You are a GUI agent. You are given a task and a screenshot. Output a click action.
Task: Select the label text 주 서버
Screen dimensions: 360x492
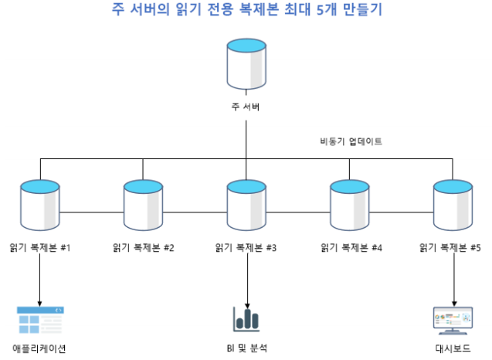tap(246, 107)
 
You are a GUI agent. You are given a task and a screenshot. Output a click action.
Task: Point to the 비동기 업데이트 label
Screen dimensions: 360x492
tap(351, 141)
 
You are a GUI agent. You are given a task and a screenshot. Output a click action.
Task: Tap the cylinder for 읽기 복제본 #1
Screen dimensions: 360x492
tap(40, 204)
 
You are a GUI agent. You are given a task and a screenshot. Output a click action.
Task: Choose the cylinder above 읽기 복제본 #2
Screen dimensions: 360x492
tap(143, 204)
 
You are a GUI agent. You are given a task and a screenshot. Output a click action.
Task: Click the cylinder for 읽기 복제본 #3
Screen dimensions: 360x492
tap(246, 204)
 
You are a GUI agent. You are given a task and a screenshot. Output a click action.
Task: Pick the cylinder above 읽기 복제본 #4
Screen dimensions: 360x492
tap(349, 204)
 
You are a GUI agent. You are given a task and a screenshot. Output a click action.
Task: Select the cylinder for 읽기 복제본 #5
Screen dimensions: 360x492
tap(452, 204)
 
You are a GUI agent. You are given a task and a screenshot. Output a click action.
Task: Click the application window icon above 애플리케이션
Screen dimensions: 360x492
tap(40, 319)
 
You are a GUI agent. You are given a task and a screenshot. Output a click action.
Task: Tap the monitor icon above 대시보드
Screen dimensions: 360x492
tap(453, 319)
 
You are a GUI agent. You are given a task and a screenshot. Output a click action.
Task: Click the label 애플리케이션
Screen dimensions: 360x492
tap(40, 348)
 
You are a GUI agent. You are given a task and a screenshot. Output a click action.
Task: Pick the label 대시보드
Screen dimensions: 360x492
tap(453, 348)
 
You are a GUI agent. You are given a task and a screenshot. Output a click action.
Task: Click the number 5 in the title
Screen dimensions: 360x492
tap(321, 11)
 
